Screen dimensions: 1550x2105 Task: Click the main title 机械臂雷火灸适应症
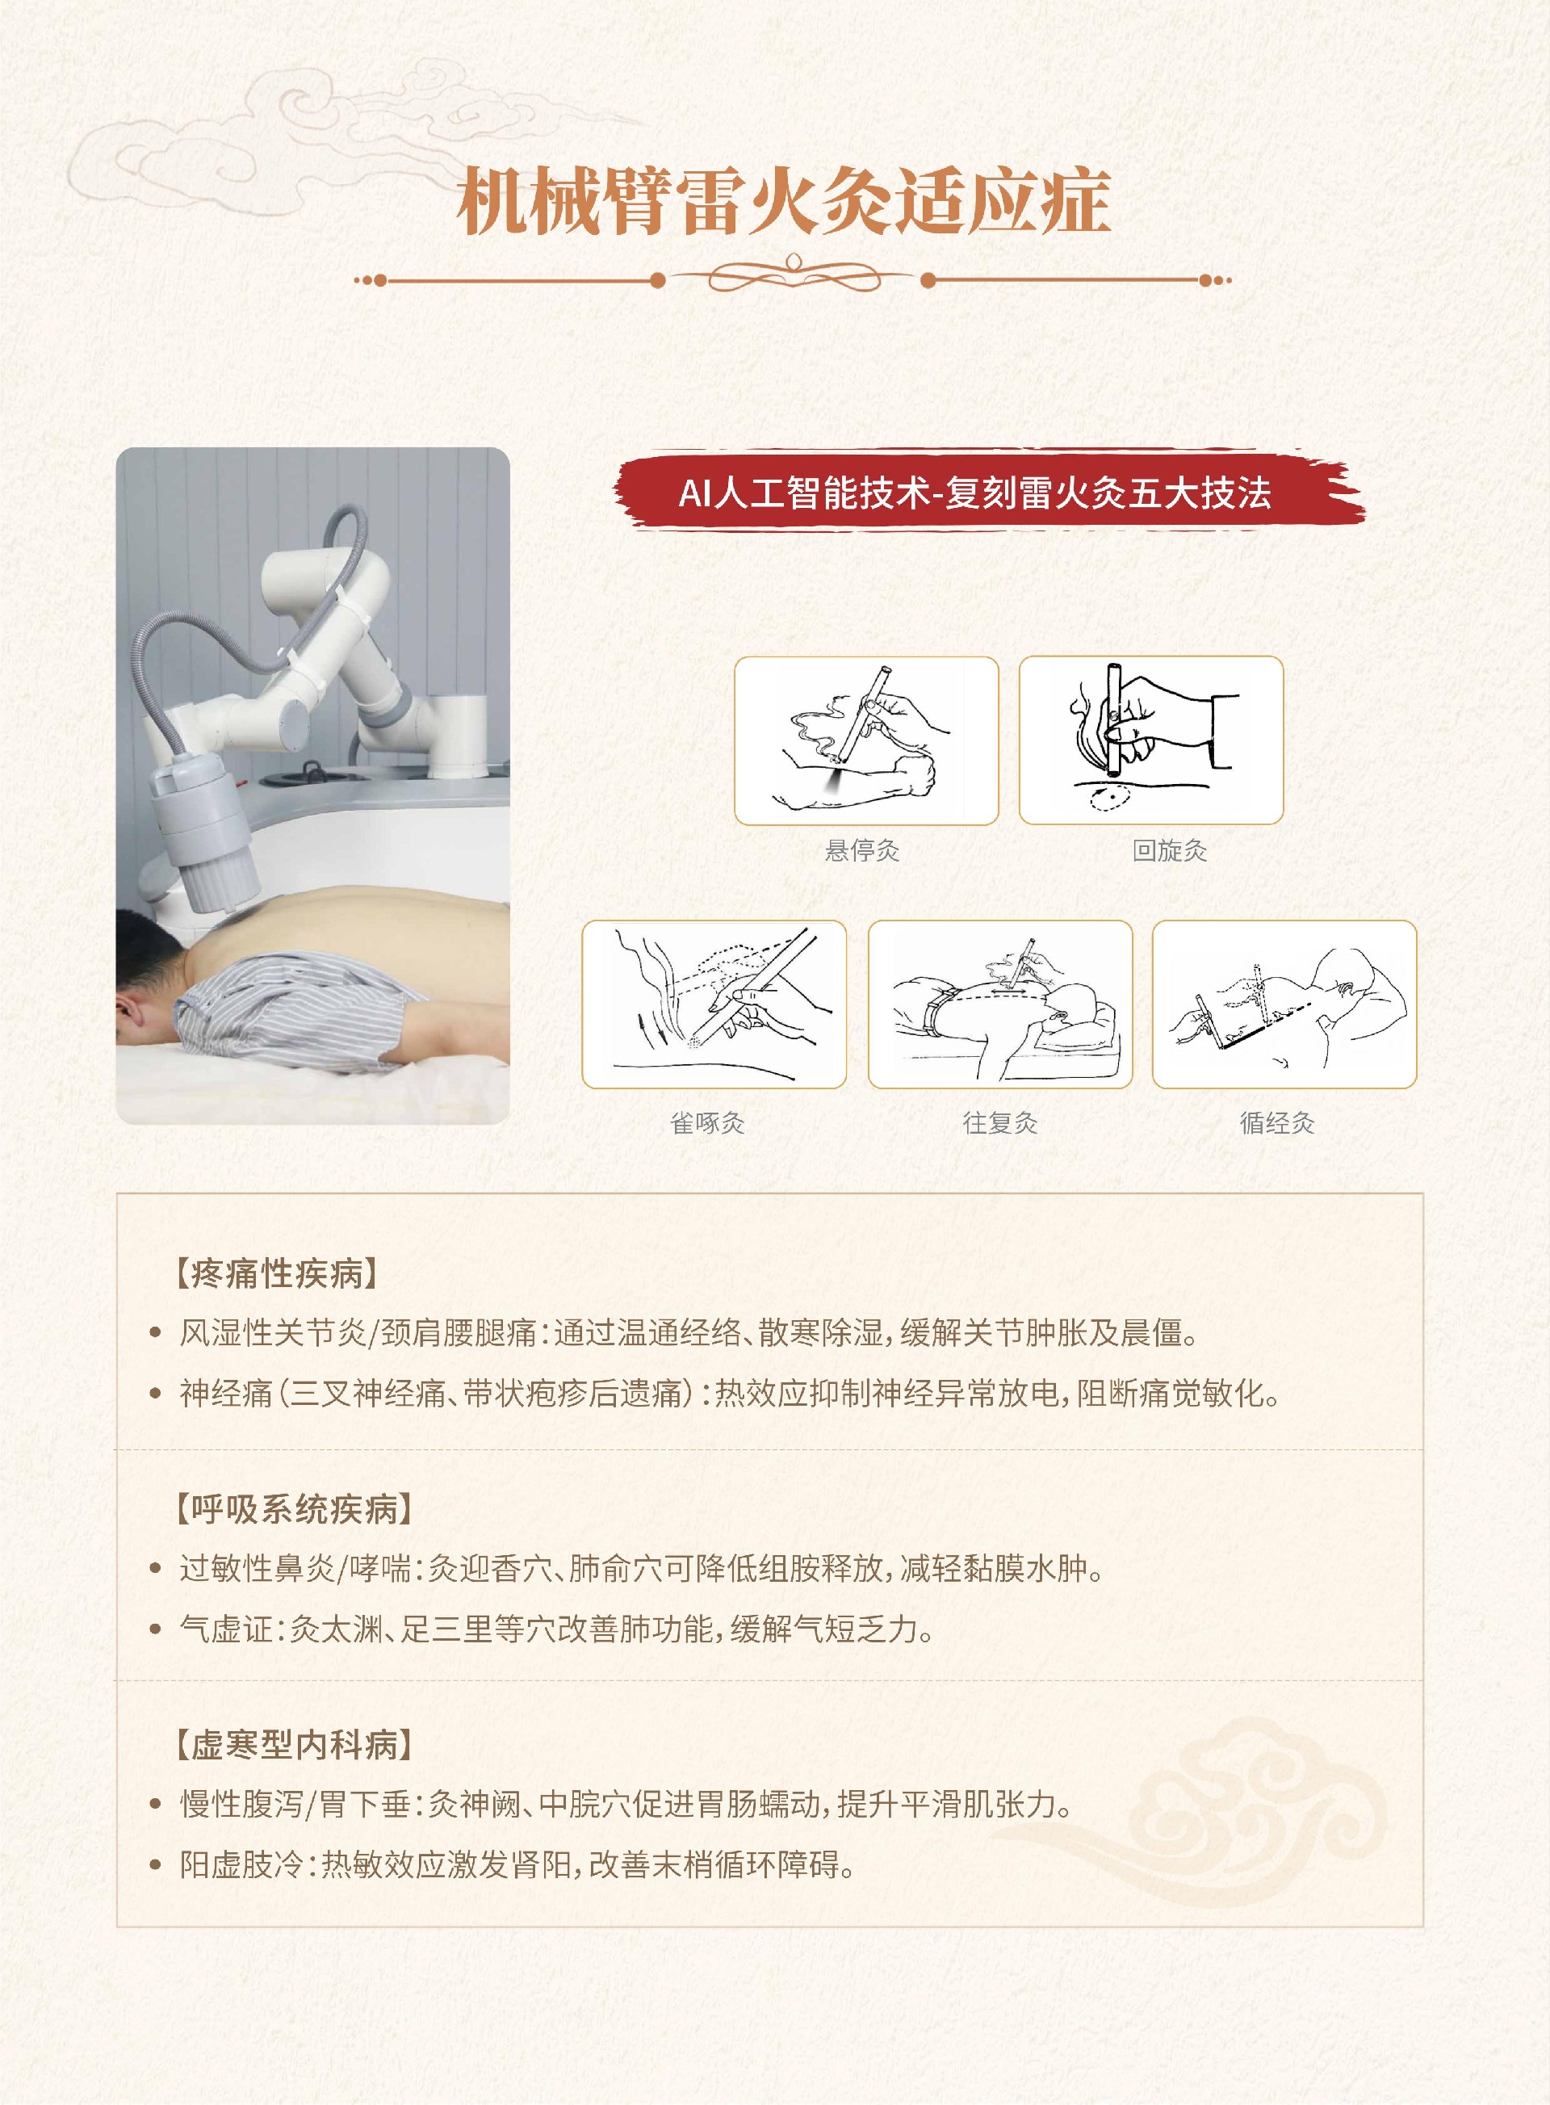pyautogui.click(x=783, y=200)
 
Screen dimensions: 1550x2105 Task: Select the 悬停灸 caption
pyautogui.click(x=861, y=850)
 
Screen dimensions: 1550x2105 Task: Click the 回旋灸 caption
pyautogui.click(x=1169, y=850)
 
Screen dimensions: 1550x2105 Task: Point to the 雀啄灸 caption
pyautogui.click(x=707, y=1122)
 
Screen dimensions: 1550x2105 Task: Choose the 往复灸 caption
pyautogui.click(x=1000, y=1122)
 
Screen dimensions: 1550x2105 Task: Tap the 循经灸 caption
pyautogui.click(x=1277, y=1122)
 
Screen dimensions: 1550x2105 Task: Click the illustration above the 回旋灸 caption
pyautogui.click(x=1151, y=740)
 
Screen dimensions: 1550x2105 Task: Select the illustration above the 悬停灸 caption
pyautogui.click(x=866, y=740)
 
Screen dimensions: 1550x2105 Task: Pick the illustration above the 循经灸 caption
pyautogui.click(x=1284, y=1004)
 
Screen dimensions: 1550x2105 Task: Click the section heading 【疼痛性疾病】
pyautogui.click(x=278, y=1273)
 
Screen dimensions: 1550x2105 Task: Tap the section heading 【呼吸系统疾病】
pyautogui.click(x=295, y=1509)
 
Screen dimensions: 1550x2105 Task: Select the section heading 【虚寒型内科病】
pyautogui.click(x=295, y=1745)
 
